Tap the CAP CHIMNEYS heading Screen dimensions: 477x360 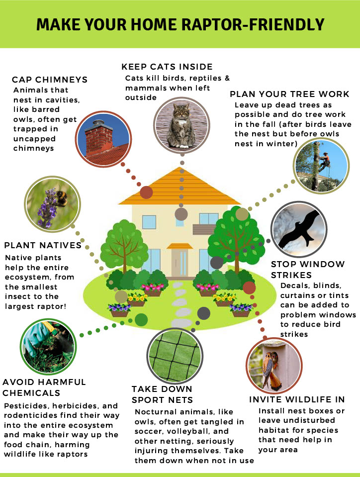point(50,80)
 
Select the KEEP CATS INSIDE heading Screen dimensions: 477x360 point(167,67)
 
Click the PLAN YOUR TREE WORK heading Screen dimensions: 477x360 point(290,94)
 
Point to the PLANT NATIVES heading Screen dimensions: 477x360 point(43,245)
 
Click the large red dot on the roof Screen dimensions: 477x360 point(147,192)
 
